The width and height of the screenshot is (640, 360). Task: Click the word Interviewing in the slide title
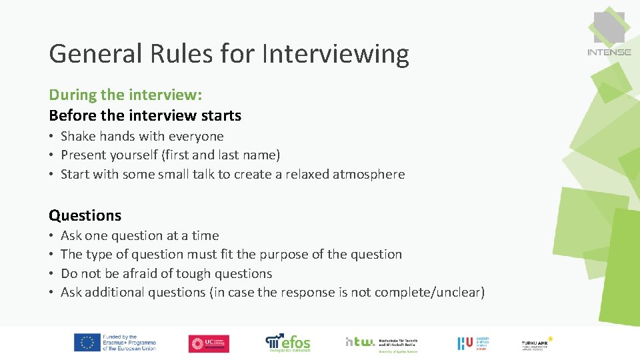coord(335,54)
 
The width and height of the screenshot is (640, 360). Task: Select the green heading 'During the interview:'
coord(125,95)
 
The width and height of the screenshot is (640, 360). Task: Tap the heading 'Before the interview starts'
coord(145,115)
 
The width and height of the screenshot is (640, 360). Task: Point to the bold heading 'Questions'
coord(85,215)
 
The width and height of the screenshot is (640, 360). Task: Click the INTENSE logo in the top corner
coord(609,33)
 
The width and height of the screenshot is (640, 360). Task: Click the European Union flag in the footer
coord(87,343)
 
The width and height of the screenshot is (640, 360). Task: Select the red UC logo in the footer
coord(209,343)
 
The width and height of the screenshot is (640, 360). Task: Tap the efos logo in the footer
coord(288,342)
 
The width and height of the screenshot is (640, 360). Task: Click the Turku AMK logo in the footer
coord(537,343)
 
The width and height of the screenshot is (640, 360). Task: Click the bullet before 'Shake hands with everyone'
coord(51,137)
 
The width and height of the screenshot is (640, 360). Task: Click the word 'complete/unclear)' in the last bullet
coord(429,292)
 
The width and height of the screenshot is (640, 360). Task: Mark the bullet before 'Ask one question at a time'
coord(51,236)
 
